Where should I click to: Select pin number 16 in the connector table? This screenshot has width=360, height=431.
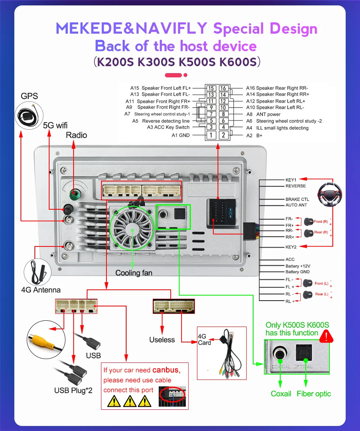pos(223,88)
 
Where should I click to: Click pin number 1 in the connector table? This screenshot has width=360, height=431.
pos(211,135)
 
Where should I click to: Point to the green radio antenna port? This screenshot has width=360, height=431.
pos(74,194)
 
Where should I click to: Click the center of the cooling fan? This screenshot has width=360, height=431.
pos(132,229)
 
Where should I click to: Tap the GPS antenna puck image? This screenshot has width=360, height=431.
pos(27,115)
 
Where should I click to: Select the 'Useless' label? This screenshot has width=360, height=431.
pos(162,340)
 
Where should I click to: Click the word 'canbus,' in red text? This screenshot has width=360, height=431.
pos(166,370)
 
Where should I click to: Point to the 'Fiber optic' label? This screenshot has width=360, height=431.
pos(314,393)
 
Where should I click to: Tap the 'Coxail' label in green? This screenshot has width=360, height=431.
pos(281,393)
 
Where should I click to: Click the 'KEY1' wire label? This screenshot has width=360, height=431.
pos(291,180)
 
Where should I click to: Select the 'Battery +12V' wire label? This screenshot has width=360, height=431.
pos(298,266)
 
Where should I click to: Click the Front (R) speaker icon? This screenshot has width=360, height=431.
pos(309,222)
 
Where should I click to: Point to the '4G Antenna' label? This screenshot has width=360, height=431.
pos(41,289)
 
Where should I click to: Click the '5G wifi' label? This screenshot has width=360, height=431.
pos(55,125)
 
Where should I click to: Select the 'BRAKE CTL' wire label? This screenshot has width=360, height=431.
pos(297,199)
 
